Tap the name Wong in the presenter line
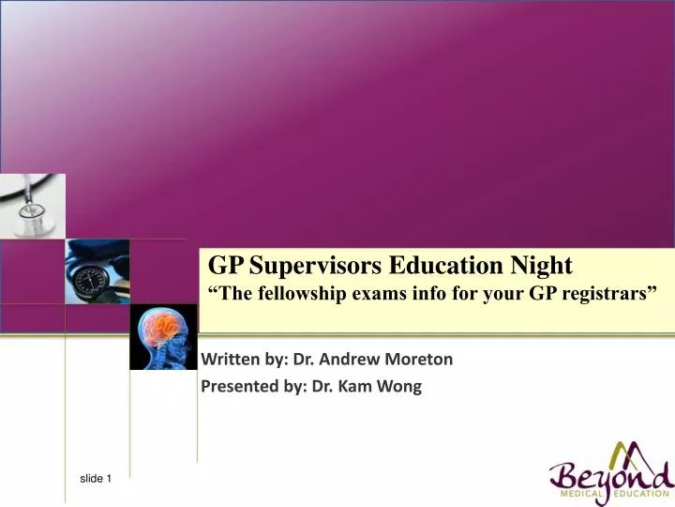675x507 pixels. coord(401,386)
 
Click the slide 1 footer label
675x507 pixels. coord(95,479)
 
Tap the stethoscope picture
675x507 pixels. coord(32,204)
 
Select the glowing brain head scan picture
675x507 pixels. coord(163,337)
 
